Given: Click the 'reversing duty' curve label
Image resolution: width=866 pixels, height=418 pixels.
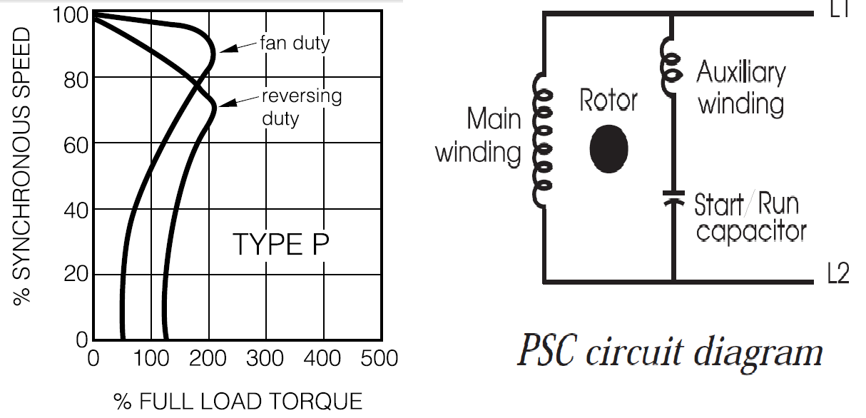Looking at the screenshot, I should pyautogui.click(x=301, y=106).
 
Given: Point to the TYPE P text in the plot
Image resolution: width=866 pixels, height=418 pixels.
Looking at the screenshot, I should pyautogui.click(x=281, y=245).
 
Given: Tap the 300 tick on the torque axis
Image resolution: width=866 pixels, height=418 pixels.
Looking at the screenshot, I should pyautogui.click(x=265, y=357).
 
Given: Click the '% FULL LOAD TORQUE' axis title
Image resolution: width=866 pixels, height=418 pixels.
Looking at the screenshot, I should pyautogui.click(x=238, y=402).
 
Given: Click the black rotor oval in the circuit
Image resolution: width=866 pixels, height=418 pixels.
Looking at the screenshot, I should pyautogui.click(x=608, y=148).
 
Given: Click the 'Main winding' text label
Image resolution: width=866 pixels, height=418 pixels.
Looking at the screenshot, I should pyautogui.click(x=479, y=136).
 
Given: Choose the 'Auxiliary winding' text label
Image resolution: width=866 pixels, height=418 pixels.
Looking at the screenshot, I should pyautogui.click(x=741, y=88).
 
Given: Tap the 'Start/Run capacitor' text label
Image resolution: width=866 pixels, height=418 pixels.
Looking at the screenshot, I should pyautogui.click(x=750, y=218).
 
